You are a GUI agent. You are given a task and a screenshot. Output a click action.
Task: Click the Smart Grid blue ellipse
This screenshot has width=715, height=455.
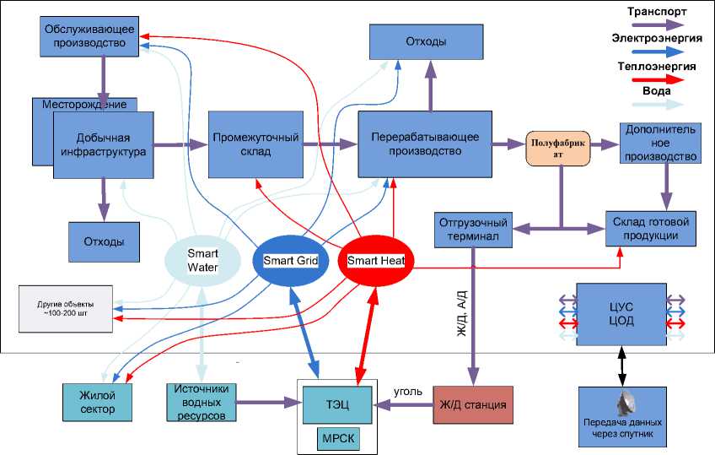point(290,260)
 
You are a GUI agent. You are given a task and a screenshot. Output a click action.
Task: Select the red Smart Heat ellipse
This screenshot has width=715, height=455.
point(375,261)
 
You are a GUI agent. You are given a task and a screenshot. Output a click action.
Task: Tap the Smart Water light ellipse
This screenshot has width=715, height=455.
point(203,260)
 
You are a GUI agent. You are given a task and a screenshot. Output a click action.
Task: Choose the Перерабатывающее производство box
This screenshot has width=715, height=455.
point(425,144)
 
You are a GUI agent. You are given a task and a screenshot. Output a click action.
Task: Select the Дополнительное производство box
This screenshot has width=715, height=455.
point(661,144)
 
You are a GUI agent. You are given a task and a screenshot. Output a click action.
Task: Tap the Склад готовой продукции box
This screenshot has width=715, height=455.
point(654,228)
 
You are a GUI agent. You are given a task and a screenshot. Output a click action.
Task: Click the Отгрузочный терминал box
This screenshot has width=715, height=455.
point(474,230)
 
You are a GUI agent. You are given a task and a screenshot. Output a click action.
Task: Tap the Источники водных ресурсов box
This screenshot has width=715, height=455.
point(200,403)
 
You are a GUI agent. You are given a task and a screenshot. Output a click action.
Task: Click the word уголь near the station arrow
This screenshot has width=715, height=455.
point(408,392)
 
